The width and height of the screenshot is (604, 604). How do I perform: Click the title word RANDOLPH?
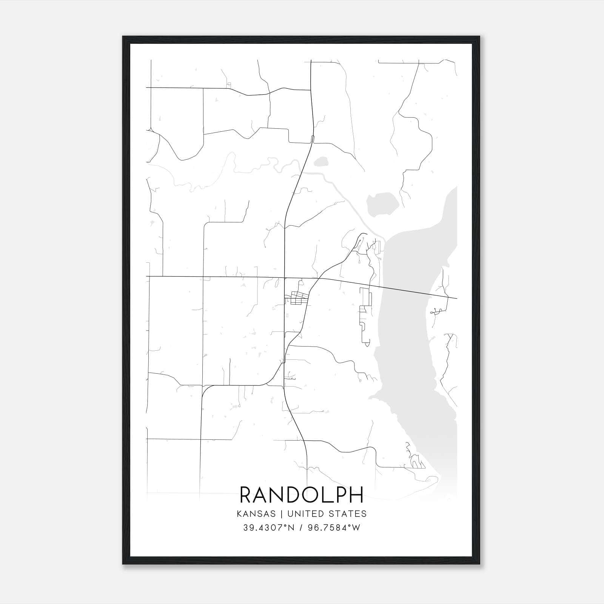302,495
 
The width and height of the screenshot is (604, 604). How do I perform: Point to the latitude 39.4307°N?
268,528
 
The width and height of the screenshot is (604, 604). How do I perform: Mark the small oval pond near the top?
321,162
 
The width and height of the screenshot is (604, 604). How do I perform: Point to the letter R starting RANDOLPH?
247,495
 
